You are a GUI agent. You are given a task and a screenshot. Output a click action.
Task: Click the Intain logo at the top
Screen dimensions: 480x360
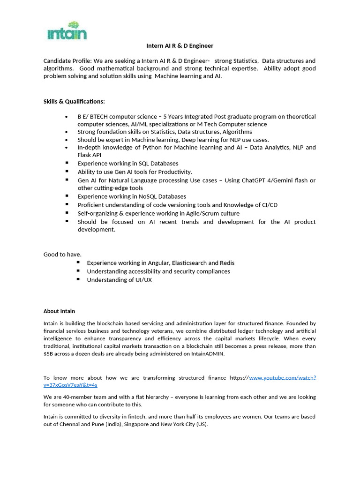(67, 31)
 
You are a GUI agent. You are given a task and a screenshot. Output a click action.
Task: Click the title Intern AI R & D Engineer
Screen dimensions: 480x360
(180, 45)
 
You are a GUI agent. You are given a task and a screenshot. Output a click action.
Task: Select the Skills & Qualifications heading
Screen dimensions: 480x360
(74, 101)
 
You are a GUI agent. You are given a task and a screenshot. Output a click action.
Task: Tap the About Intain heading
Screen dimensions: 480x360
(59, 311)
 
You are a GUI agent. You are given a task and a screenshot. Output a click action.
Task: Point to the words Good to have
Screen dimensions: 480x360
(62, 255)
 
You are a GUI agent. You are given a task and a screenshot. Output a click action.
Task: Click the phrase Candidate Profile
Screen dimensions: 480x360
(67, 61)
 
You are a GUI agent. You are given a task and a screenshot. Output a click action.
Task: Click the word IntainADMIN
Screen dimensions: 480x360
(208, 354)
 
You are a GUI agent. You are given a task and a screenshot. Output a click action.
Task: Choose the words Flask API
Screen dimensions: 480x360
(90, 155)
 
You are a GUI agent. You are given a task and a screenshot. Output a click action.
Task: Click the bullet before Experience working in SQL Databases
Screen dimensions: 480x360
(67, 163)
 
